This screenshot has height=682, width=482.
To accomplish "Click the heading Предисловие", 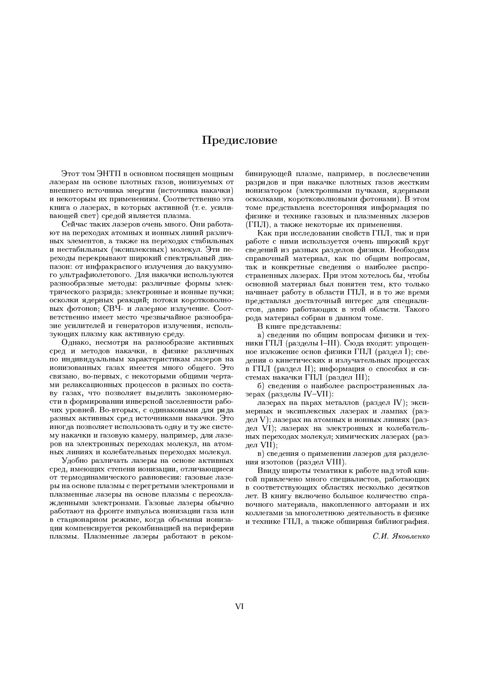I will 239,140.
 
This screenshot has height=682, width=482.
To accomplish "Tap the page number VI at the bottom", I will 239,606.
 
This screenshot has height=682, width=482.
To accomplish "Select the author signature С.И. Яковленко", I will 401,537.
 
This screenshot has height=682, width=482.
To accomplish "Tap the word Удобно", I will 75,461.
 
